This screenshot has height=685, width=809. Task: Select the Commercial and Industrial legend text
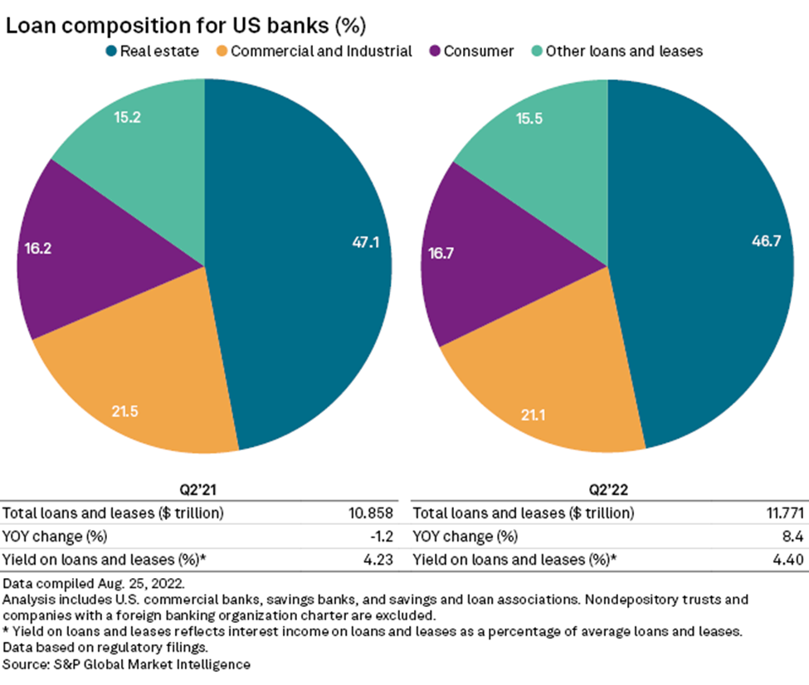pyautogui.click(x=321, y=51)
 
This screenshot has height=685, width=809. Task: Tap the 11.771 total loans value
pyautogui.click(x=780, y=512)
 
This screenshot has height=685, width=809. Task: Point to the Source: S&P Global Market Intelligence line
pyautogui.click(x=127, y=664)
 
